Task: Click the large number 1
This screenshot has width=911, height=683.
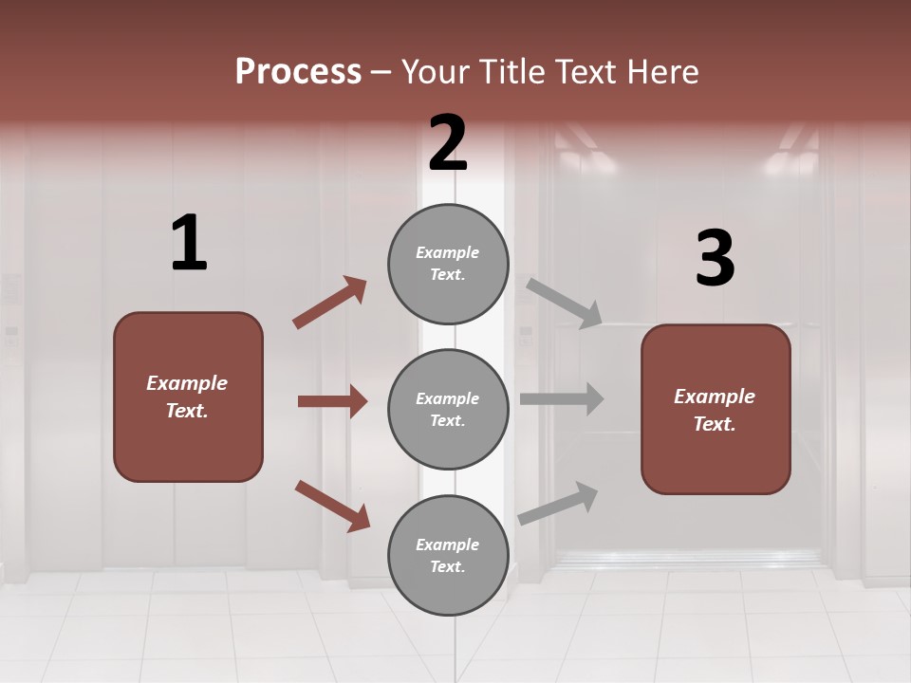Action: [x=189, y=244]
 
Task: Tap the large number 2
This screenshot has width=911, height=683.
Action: [x=448, y=144]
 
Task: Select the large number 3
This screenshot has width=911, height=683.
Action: [x=715, y=259]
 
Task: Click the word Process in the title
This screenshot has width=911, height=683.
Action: [x=298, y=72]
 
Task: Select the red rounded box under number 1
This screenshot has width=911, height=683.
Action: [x=188, y=397]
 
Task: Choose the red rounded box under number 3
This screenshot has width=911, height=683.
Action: [x=715, y=409]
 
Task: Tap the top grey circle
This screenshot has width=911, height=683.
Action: [x=448, y=263]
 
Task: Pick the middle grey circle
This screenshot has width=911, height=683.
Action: [x=448, y=409]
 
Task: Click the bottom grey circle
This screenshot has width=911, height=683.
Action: [x=448, y=555]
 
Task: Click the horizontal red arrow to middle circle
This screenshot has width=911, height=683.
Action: [x=332, y=401]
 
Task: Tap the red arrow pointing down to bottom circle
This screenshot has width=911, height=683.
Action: [x=332, y=505]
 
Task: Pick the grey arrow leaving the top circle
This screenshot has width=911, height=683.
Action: [x=565, y=303]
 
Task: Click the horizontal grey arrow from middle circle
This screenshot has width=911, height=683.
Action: [x=562, y=399]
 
